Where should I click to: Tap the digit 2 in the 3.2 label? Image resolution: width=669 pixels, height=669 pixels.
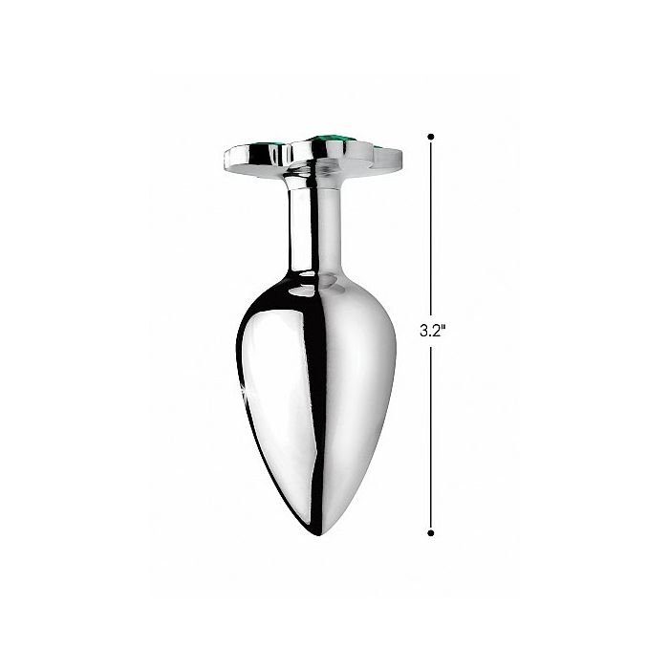(437, 333)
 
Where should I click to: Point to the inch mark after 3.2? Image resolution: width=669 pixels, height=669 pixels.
(445, 329)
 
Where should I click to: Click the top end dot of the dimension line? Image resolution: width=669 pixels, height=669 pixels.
(432, 136)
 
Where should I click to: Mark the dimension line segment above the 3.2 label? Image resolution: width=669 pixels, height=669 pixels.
(432, 229)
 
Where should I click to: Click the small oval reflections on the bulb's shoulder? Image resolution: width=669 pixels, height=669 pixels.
(330, 281)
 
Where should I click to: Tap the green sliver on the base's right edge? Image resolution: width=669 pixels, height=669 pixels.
(380, 146)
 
